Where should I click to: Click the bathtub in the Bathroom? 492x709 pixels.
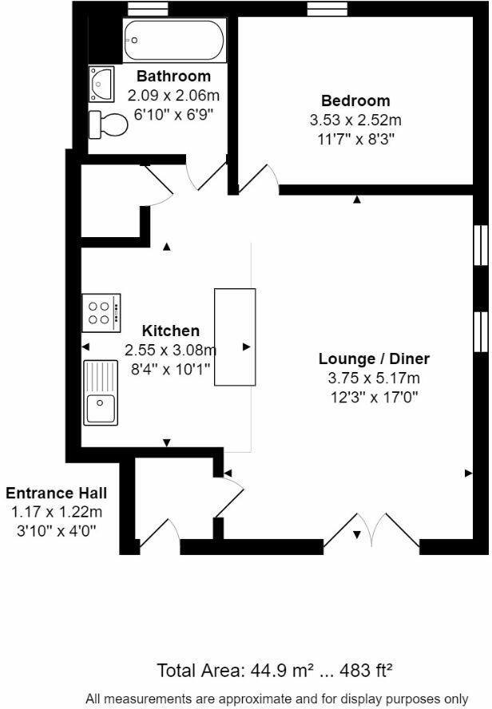tap(173, 41)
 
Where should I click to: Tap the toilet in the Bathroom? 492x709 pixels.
tap(109, 125)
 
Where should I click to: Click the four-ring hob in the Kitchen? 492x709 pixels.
tap(101, 312)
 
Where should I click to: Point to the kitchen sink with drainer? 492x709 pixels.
tap(101, 392)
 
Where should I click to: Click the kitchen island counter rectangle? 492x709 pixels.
tap(235, 337)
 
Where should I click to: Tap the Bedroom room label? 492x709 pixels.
tap(355, 101)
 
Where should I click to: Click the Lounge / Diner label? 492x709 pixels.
tap(374, 358)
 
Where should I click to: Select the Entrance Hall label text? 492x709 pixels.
tap(56, 493)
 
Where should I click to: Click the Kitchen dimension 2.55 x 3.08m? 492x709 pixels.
tap(170, 350)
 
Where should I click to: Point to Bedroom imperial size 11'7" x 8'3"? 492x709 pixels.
tap(355, 138)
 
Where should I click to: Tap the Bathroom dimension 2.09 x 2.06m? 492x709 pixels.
tap(173, 96)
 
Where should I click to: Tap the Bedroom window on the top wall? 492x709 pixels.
tap(324, 8)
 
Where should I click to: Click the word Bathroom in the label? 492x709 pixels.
tap(173, 77)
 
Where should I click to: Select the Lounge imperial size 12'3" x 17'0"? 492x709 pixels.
tap(374, 396)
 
